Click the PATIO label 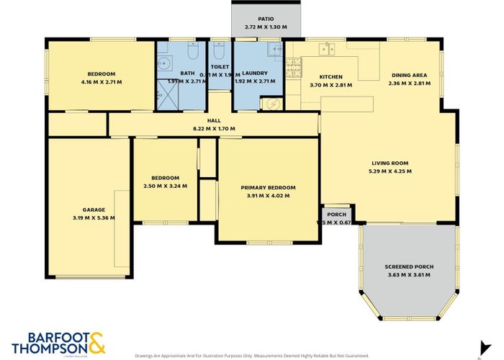(265, 19)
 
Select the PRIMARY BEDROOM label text (268, 187)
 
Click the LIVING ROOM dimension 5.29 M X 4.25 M (390, 171)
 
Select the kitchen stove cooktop (292, 70)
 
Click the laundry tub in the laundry (274, 49)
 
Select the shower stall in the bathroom (167, 98)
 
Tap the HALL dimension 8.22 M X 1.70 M (214, 129)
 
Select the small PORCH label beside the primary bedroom (336, 215)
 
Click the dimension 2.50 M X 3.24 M (165, 186)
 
